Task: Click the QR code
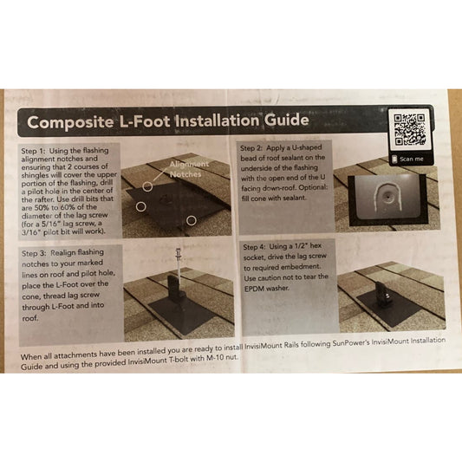coord(409,130)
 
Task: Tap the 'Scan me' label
coord(412,159)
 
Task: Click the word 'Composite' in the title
coord(70,122)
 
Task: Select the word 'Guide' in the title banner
coord(286,120)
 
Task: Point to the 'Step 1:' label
coord(33,151)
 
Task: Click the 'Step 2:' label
coord(251,148)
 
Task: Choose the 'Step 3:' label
coord(34,253)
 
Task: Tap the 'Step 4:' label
coord(254,247)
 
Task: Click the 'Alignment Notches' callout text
coord(189,169)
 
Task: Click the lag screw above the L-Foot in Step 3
coord(178,264)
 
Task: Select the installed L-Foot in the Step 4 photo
coord(384,295)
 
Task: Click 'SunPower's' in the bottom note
coord(350,343)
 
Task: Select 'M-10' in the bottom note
coord(214,358)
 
